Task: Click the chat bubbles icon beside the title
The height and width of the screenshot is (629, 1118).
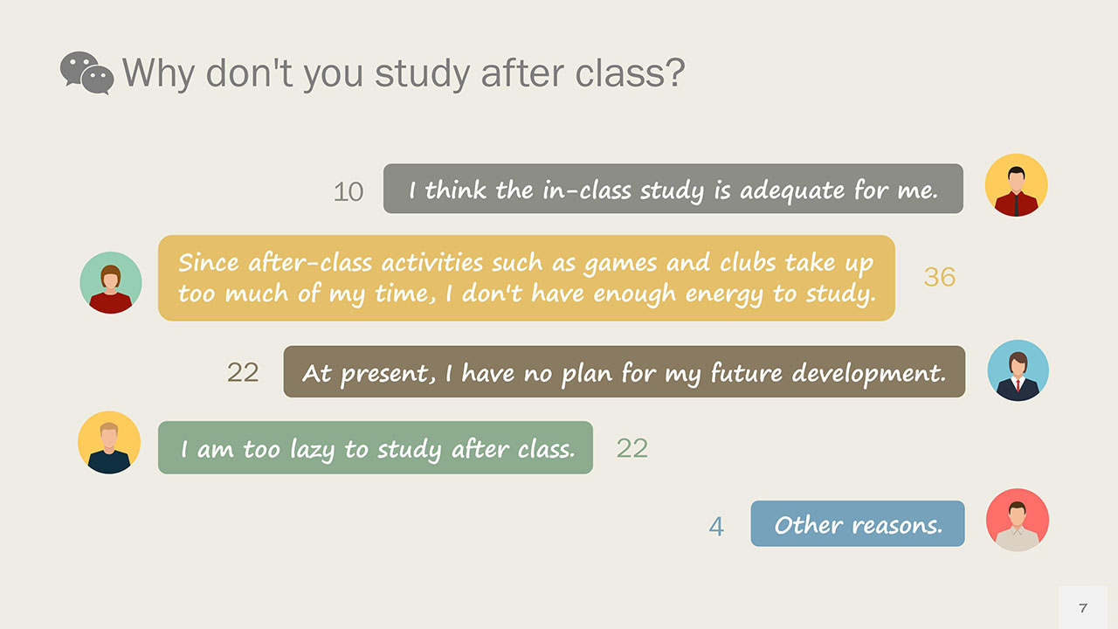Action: (x=86, y=73)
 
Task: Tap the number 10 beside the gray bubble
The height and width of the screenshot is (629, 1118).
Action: (x=349, y=191)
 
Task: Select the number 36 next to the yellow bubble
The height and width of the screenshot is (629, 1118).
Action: (x=940, y=277)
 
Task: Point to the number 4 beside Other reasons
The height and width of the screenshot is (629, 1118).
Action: (x=716, y=527)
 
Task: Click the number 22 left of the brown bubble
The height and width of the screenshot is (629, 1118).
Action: (x=243, y=372)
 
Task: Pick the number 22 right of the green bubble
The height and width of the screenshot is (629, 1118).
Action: (x=632, y=448)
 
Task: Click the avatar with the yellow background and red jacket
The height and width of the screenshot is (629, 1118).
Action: (x=1016, y=185)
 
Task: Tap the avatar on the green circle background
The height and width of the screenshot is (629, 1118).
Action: (x=111, y=283)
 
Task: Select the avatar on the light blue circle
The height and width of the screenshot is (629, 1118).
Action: (x=1018, y=370)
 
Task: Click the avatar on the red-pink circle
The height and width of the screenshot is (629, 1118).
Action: (x=1017, y=520)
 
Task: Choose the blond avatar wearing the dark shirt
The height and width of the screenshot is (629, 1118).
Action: (x=109, y=443)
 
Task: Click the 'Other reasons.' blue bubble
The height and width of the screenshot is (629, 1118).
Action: (x=858, y=524)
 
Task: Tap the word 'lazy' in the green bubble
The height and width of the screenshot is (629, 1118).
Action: (x=307, y=450)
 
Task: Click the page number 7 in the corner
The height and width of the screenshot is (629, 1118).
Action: (x=1083, y=608)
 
